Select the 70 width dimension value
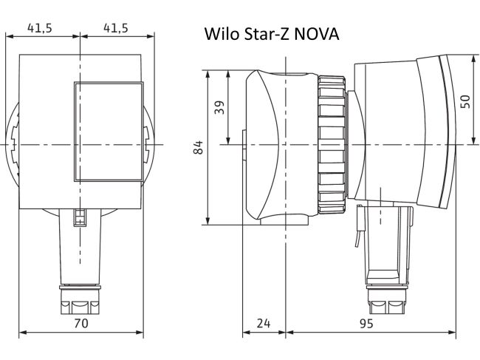80,323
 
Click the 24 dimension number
264,323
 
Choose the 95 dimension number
366,323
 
